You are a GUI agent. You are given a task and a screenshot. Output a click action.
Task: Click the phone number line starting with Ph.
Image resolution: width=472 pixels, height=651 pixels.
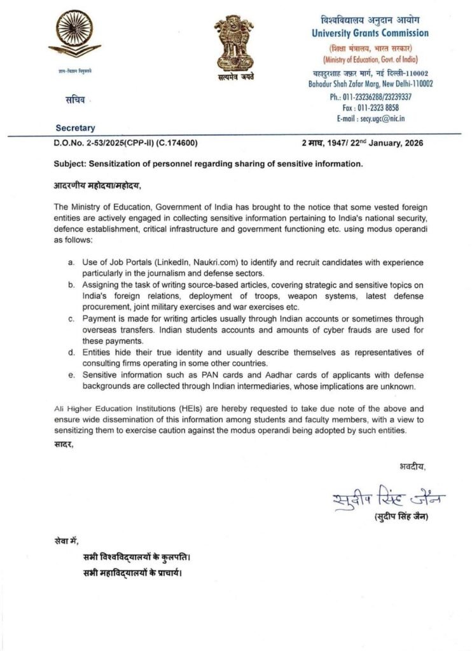[x=371, y=97]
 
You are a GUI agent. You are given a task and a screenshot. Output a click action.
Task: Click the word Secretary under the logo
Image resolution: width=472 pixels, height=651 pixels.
[x=74, y=128]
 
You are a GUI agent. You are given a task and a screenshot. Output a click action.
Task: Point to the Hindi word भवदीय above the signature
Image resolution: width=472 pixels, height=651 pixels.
[x=412, y=467]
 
